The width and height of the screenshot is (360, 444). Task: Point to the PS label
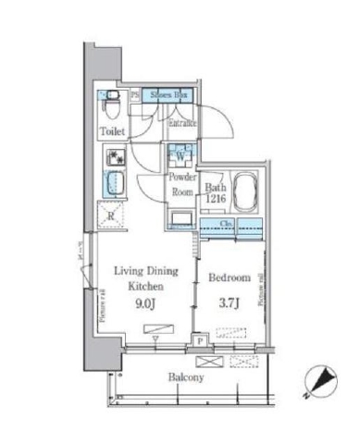pyautogui.click(x=136, y=95)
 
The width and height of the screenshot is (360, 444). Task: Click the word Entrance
pyautogui.click(x=186, y=122)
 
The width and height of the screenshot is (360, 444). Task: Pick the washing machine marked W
pyautogui.click(x=179, y=154)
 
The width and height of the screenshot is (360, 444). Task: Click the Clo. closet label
pyautogui.click(x=227, y=223)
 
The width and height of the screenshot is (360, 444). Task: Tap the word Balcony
pyautogui.click(x=186, y=378)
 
